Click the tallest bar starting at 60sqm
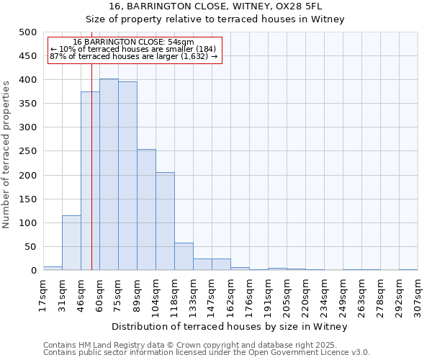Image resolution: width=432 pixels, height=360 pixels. pyautogui.click(x=109, y=174)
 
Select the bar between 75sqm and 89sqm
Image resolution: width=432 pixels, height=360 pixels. pyautogui.click(x=127, y=176)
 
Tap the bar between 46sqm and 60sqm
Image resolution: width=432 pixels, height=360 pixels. pyautogui.click(x=90, y=181)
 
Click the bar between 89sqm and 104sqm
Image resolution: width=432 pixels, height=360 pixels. pyautogui.click(x=146, y=210)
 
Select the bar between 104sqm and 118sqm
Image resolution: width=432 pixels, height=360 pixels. pyautogui.click(x=165, y=221)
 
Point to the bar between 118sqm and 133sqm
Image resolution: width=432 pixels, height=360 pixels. pyautogui.click(x=184, y=256)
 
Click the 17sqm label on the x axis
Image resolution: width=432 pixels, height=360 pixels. pyautogui.click(x=43, y=296)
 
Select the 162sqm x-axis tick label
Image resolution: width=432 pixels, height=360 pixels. pyautogui.click(x=230, y=296)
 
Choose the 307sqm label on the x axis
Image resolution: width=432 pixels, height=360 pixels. pyautogui.click(x=418, y=296)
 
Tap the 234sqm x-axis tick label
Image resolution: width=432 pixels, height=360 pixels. pyautogui.click(x=324, y=296)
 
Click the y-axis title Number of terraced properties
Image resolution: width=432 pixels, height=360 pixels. pyautogui.click(x=6, y=154)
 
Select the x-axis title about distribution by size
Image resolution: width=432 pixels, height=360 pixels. pyautogui.click(x=230, y=327)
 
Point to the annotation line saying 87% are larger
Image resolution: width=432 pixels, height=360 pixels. pyautogui.click(x=133, y=56)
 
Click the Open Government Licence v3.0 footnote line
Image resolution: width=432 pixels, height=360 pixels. pyautogui.click(x=206, y=352)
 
